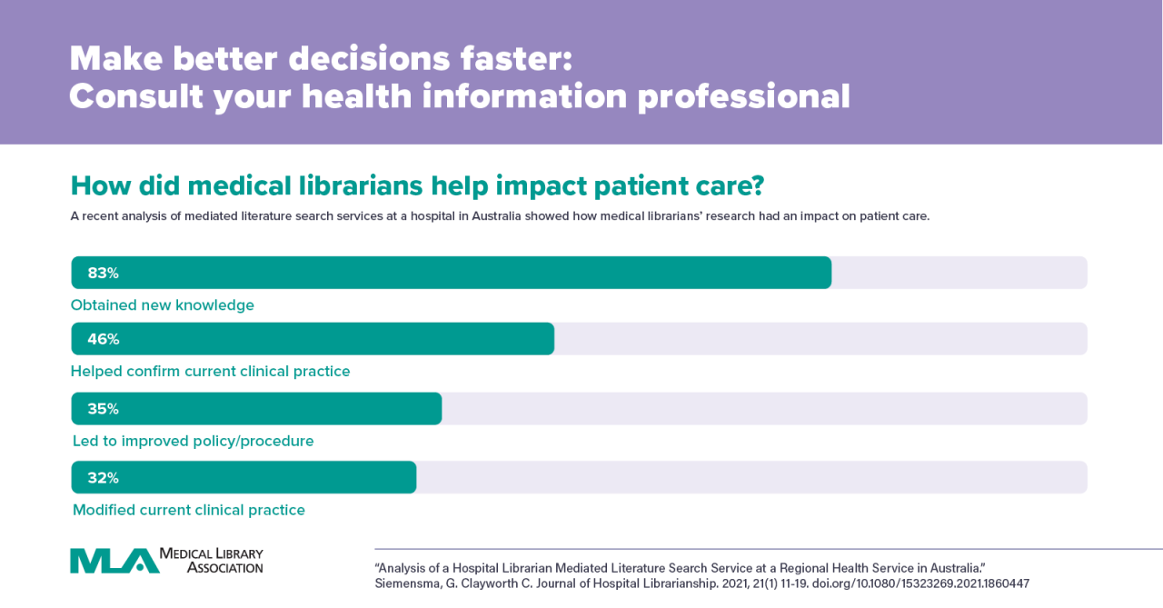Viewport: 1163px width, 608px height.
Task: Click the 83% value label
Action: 103,274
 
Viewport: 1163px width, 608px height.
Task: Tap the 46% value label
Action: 103,340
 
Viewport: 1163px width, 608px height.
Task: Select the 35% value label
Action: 103,409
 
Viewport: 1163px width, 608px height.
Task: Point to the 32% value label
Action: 103,478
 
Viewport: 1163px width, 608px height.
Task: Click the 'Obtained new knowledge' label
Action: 163,305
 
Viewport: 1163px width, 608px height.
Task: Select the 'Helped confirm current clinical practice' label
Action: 210,372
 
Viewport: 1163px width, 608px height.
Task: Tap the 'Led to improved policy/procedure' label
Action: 194,442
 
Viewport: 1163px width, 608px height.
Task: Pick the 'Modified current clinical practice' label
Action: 188,510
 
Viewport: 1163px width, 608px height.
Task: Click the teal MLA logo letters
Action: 114,561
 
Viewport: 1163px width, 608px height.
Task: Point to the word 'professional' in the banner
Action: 743,97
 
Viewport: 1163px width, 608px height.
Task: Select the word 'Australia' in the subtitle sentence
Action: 496,216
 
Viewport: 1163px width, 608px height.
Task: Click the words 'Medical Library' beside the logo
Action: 211,554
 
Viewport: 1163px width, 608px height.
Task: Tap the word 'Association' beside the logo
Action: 224,567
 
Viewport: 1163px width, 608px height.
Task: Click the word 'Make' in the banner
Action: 116,59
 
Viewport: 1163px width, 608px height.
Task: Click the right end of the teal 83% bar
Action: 830,273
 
